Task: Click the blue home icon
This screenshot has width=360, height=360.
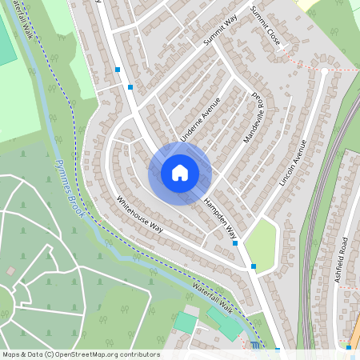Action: point(180,172)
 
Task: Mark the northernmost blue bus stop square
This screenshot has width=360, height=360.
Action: point(118,70)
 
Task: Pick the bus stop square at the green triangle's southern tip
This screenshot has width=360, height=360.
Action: point(254,266)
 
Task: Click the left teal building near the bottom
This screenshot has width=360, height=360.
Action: point(186,322)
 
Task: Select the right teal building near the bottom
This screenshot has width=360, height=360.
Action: point(229,326)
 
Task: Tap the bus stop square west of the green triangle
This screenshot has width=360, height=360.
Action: point(235,243)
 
